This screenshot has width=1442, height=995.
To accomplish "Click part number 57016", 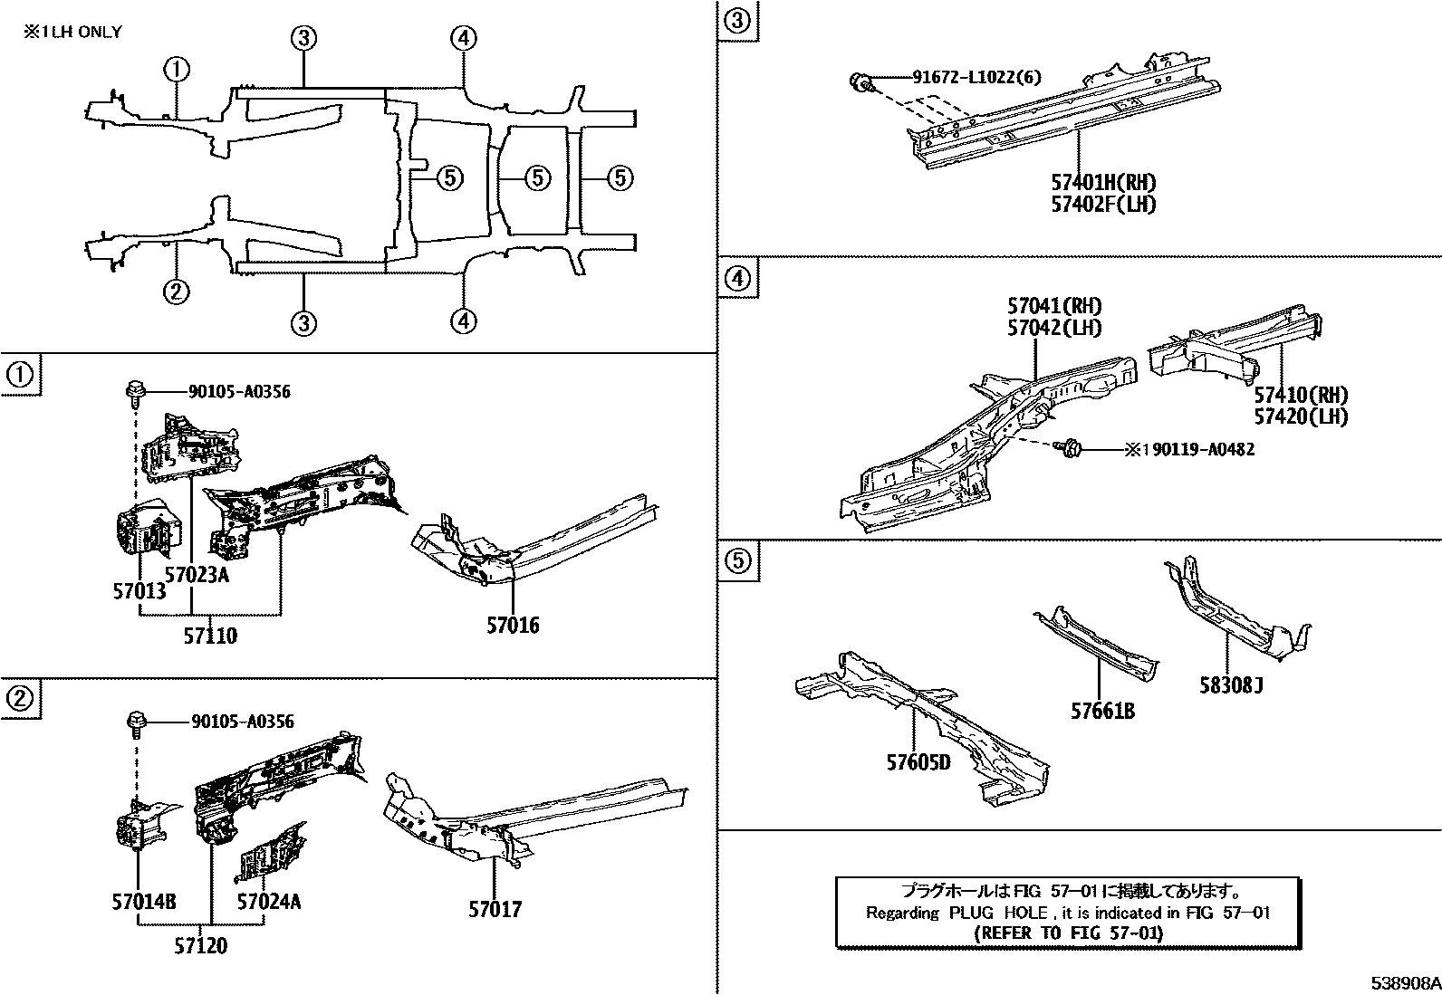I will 513,625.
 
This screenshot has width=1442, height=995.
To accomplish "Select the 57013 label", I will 139,591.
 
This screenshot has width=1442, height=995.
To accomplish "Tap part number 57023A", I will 197,573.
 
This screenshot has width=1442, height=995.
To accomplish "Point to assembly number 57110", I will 210,636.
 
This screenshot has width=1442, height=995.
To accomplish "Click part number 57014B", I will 144,902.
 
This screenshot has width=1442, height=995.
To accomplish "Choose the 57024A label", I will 269,902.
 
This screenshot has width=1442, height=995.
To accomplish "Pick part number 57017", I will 495,909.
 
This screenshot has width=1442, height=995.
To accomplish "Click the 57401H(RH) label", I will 1103,182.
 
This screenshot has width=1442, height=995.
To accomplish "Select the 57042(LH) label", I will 1054,327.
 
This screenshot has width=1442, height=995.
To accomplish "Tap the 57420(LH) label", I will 1301,416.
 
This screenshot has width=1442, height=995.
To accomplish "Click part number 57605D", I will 918,762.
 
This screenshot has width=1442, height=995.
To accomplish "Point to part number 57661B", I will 1102,712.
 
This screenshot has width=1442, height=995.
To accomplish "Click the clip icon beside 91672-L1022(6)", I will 860,83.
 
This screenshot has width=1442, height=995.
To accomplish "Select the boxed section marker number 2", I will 20,698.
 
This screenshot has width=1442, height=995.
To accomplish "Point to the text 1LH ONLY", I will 72,32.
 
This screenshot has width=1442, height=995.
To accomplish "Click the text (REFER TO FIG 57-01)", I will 1068,933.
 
